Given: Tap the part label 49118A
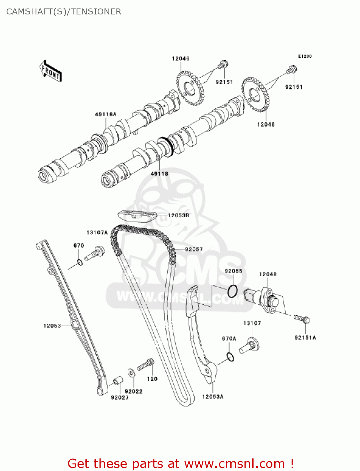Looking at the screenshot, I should (x=105, y=114).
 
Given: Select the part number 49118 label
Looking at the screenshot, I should (x=159, y=174).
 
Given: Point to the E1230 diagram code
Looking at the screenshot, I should (x=305, y=56).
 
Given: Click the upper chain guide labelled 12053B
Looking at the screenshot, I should (x=137, y=216).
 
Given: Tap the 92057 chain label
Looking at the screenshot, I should (x=194, y=249).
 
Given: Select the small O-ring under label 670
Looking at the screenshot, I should (x=80, y=262).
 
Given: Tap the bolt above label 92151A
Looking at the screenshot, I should (x=302, y=319).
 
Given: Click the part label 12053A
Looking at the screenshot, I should (x=212, y=397).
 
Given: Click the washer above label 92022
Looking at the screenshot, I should (x=131, y=372).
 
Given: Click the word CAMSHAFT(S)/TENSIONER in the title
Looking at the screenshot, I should (x=64, y=12).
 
